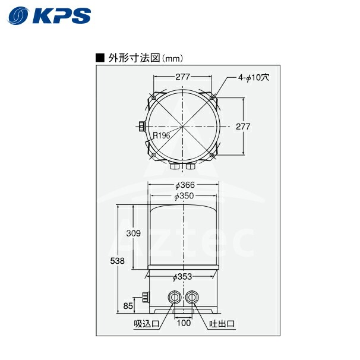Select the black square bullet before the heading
pos(100,58)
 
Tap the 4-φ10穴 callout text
pos(254,77)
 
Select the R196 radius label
pos(162,136)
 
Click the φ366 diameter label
pos(184,185)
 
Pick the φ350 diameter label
pos(184,196)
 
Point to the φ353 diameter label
pos(182,276)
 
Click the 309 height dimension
pos(133,233)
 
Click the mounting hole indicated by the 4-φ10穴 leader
pos(213,97)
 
